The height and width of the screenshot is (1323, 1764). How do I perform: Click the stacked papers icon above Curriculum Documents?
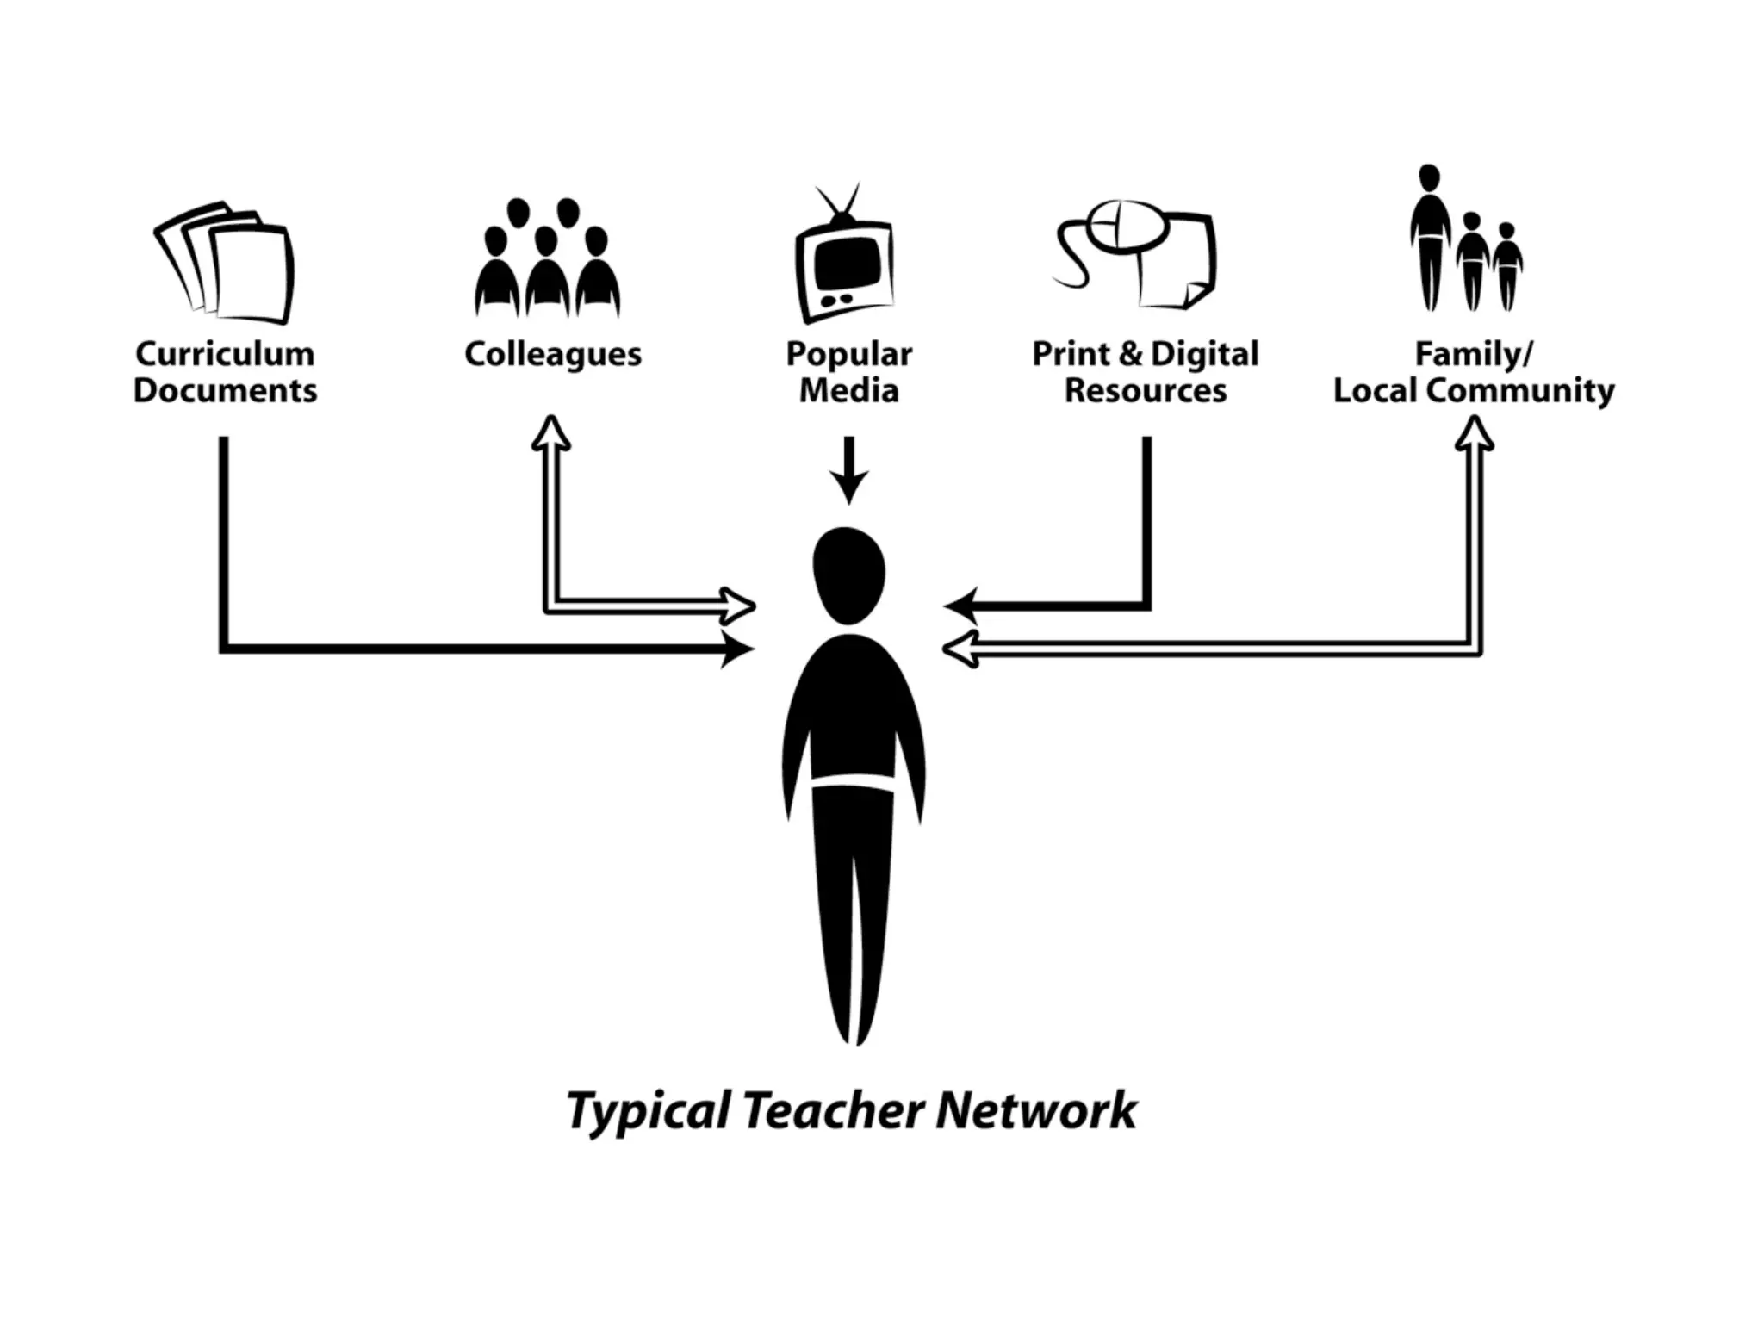pos(226,263)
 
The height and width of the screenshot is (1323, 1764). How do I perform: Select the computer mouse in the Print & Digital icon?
pos(1127,227)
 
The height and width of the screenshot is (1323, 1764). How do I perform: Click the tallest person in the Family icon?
pos(1430,237)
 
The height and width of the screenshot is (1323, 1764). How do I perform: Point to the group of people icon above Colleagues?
pos(547,258)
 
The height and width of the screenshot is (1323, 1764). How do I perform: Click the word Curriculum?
pos(225,354)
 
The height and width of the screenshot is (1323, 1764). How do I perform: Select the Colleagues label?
pos(553,354)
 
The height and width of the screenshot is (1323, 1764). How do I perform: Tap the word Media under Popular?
pos(848,390)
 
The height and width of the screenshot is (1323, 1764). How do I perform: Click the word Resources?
pos(1146,390)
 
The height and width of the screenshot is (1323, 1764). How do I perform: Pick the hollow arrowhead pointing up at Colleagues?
pos(551,432)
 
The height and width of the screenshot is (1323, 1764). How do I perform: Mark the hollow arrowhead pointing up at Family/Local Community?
pos(1474,433)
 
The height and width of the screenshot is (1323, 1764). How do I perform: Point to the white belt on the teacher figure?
pos(854,782)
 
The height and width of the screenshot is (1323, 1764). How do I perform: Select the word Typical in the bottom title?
pos(649,1111)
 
